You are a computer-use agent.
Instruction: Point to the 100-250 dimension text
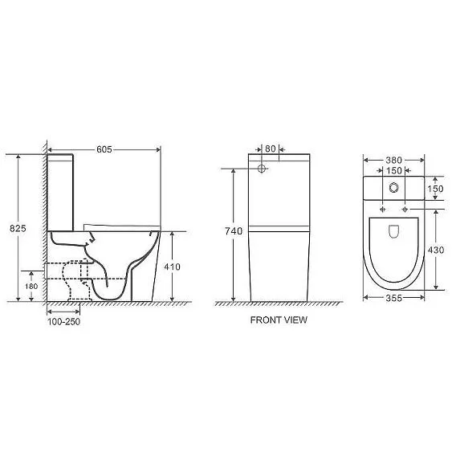pos(63,322)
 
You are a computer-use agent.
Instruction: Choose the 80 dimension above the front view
pos(270,149)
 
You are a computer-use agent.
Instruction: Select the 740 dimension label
pos(234,231)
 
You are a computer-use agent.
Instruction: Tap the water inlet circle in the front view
pos(263,169)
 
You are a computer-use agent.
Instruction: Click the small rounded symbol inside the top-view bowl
pos(393,232)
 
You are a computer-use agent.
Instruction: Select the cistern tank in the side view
pos(62,189)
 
